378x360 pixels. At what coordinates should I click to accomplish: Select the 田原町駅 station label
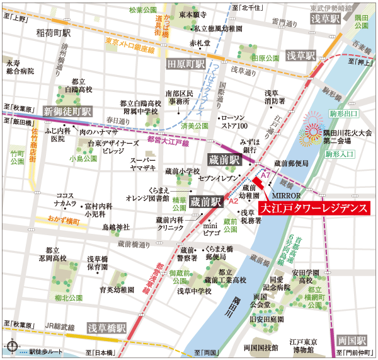[x=186, y=64]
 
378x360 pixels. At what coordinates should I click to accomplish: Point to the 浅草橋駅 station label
[x=107, y=328]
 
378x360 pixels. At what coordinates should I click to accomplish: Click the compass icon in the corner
[x=11, y=346]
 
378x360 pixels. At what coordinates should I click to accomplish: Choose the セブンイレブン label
[x=217, y=179]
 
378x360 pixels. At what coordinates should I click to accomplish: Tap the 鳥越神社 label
[x=115, y=226]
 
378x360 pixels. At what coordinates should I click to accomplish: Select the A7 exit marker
[x=265, y=173]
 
